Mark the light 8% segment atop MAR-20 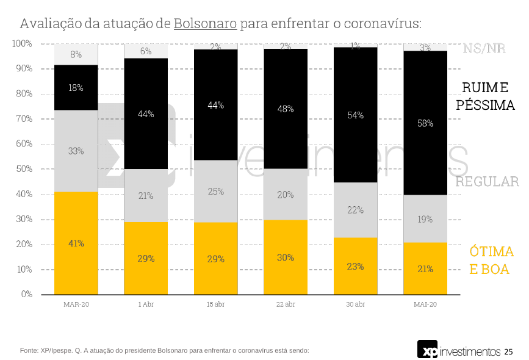click(x=76, y=54)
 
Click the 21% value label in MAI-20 click(x=425, y=268)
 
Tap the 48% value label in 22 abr click(x=286, y=109)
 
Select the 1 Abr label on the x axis click(x=146, y=304)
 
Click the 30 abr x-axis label click(x=355, y=304)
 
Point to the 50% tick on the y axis click(x=23, y=169)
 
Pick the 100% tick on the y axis click(x=21, y=44)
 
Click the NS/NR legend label click(x=484, y=49)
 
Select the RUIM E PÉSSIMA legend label click(x=485, y=96)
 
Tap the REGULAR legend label click(x=487, y=182)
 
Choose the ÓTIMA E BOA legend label click(x=491, y=260)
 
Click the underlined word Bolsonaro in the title click(x=205, y=24)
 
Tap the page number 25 click(x=508, y=351)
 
